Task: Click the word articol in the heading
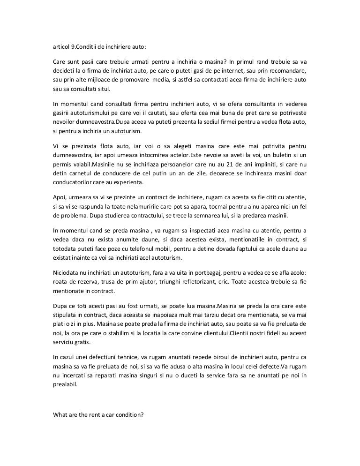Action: (61, 46)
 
